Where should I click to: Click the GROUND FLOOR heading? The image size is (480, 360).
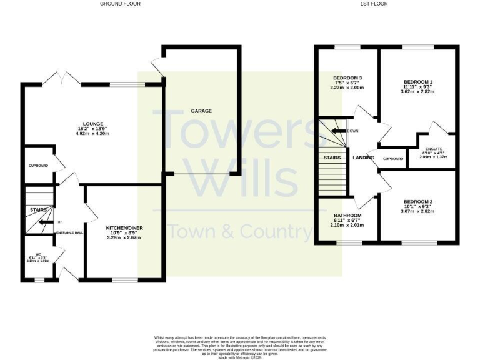coord(121,4)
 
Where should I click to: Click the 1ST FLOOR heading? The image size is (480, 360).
coord(374,4)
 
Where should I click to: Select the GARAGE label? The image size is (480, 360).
coord(201,111)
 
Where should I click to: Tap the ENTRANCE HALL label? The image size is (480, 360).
coord(70,233)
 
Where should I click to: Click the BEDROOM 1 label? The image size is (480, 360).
coord(417,82)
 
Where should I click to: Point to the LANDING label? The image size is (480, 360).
coord(363,157)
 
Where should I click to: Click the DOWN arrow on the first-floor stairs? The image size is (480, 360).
coord(341,131)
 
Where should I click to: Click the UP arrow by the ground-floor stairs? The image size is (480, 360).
coord(45,222)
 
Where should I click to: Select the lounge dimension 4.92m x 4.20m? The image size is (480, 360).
coord(92,133)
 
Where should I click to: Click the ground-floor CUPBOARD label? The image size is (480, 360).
coord(39,166)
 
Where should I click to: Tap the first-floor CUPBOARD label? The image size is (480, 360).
coord(393,159)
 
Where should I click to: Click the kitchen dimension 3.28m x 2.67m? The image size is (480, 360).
coord(124,238)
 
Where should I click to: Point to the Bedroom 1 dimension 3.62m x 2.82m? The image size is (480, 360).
coord(417,92)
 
